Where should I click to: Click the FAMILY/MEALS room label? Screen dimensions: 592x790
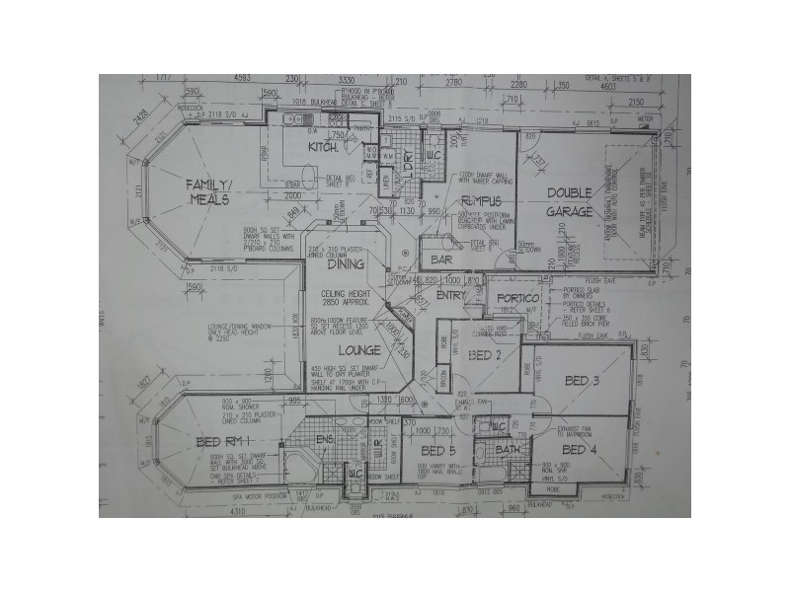pos(208,191)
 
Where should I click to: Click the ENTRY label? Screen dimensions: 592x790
pos(450,295)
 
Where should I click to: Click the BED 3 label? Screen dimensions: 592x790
pos(583,380)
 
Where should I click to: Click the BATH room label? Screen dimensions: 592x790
pos(510,450)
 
